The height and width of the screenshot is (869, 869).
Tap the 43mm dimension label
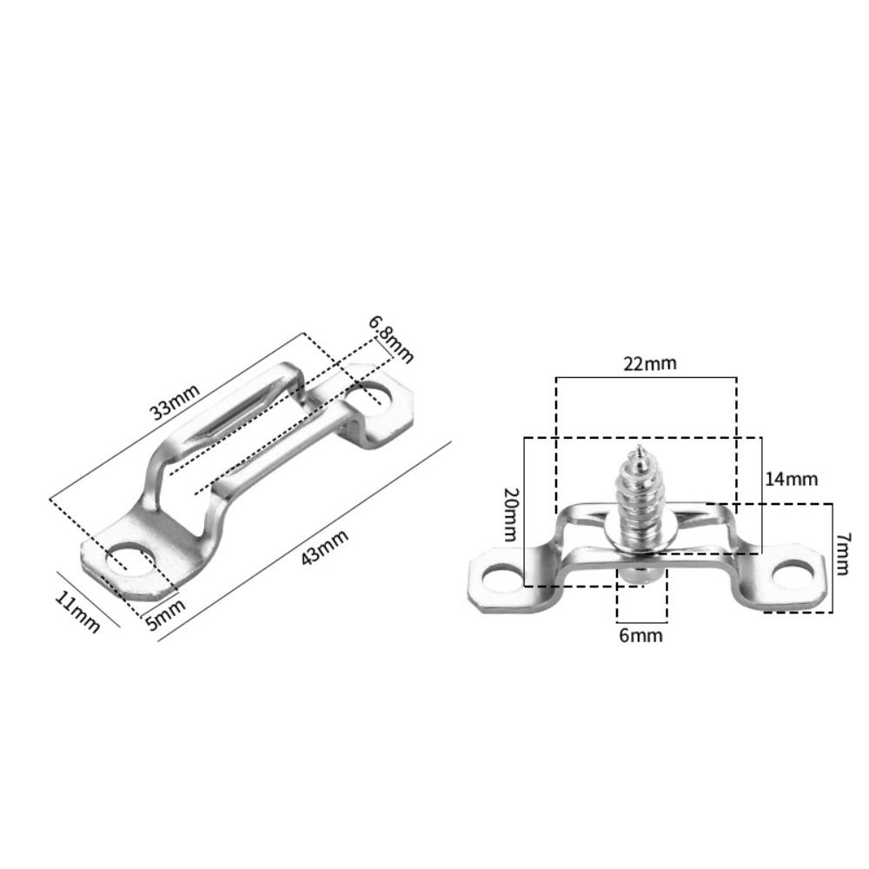[x=324, y=547]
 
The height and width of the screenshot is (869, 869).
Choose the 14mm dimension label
[x=791, y=479]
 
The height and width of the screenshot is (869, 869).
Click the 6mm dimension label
[x=640, y=635]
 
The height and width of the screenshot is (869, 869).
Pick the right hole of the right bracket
[x=793, y=570]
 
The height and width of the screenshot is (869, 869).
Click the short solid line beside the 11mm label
[x=88, y=599]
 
